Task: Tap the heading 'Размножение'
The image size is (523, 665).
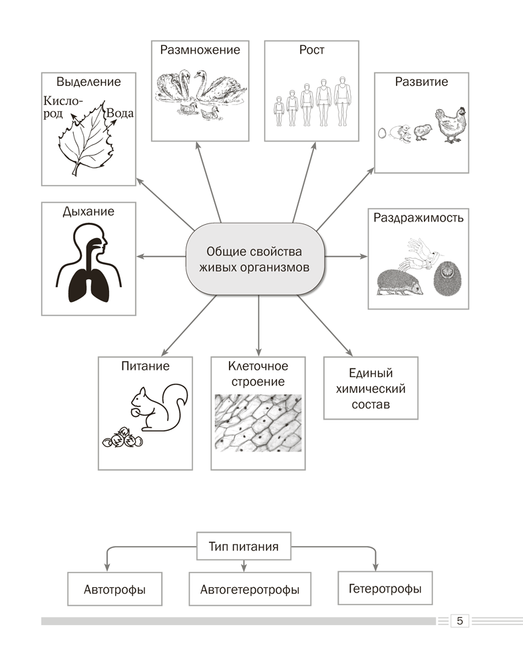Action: pos(200,50)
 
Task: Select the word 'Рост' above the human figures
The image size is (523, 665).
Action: pos(312,51)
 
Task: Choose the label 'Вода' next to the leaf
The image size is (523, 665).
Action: pos(120,113)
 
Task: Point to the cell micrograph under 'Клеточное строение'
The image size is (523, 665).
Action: pos(258,423)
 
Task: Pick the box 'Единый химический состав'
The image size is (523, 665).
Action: pos(371,389)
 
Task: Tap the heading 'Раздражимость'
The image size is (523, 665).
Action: pos(418,217)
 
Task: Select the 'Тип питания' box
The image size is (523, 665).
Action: pos(244,547)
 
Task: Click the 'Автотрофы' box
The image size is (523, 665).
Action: pos(114,589)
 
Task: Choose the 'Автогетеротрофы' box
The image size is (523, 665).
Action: pos(250,589)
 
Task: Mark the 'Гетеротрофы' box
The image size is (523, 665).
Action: pos(385,588)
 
